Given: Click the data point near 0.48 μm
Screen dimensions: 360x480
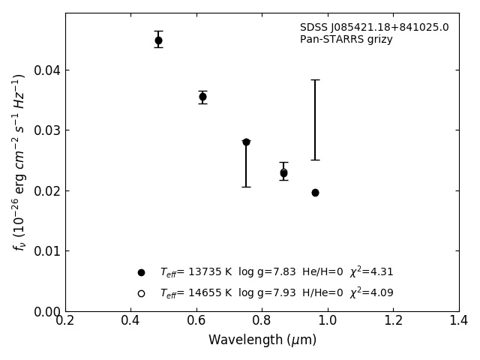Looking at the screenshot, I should coord(158,40).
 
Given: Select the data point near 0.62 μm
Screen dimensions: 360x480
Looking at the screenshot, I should coord(202,97).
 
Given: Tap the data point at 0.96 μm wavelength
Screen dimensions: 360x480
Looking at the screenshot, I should coord(315,193).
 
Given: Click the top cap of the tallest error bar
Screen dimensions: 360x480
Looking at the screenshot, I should coord(315,79).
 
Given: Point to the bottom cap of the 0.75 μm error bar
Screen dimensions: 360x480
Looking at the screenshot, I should coord(246,187).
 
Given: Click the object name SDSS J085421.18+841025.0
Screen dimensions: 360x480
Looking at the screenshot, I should coord(374,28).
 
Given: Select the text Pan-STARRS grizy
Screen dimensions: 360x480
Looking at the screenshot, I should coord(346,40).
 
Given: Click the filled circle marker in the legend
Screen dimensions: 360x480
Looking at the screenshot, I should coord(141,272).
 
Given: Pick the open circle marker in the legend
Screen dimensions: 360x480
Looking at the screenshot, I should coord(141,293).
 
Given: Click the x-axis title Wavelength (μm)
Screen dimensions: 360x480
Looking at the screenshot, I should coord(262,340).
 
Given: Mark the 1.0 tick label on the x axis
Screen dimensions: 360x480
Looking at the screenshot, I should coord(328,321).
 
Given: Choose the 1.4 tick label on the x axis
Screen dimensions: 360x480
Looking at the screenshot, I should coord(459,321).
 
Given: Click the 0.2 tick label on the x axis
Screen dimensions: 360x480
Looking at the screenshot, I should coord(65,321).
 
